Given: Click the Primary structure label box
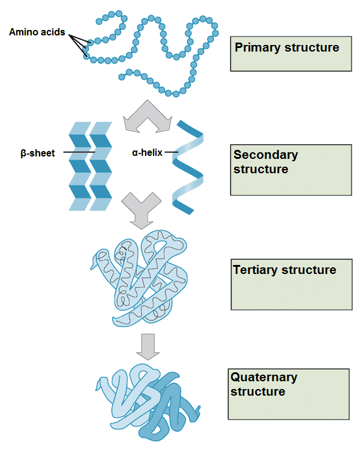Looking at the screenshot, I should (290, 54).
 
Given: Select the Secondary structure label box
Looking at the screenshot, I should (290, 170).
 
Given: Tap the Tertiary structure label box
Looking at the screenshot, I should (290, 284).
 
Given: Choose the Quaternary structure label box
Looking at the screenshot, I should (289, 394).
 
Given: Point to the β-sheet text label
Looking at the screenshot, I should (37, 153).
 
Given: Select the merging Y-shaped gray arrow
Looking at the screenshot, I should (142, 210).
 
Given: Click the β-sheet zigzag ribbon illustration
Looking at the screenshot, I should (90, 165).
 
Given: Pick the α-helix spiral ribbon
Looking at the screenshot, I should (188, 167).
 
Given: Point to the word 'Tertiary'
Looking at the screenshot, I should (256, 270).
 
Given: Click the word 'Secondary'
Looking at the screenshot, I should (266, 155).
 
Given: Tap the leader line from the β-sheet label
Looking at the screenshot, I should (77, 153).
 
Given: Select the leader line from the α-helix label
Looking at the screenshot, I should (172, 152).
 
